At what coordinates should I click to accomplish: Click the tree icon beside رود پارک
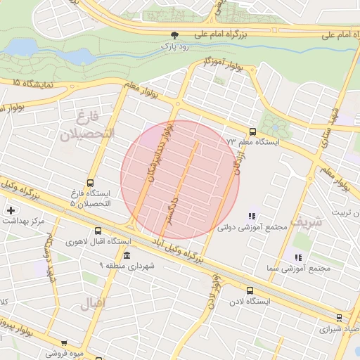174,34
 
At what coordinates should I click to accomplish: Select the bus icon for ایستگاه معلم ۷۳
252,131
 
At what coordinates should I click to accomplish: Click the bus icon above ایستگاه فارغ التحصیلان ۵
89,182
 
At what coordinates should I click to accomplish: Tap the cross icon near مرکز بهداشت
11,210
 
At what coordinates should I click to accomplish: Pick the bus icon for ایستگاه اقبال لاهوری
97,231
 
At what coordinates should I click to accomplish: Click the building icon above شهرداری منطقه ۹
127,255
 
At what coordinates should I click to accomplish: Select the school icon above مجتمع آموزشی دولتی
251,216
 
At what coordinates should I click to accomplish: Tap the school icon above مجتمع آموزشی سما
298,258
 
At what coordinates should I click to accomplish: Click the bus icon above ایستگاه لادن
250,290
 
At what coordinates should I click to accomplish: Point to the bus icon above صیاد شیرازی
340,318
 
